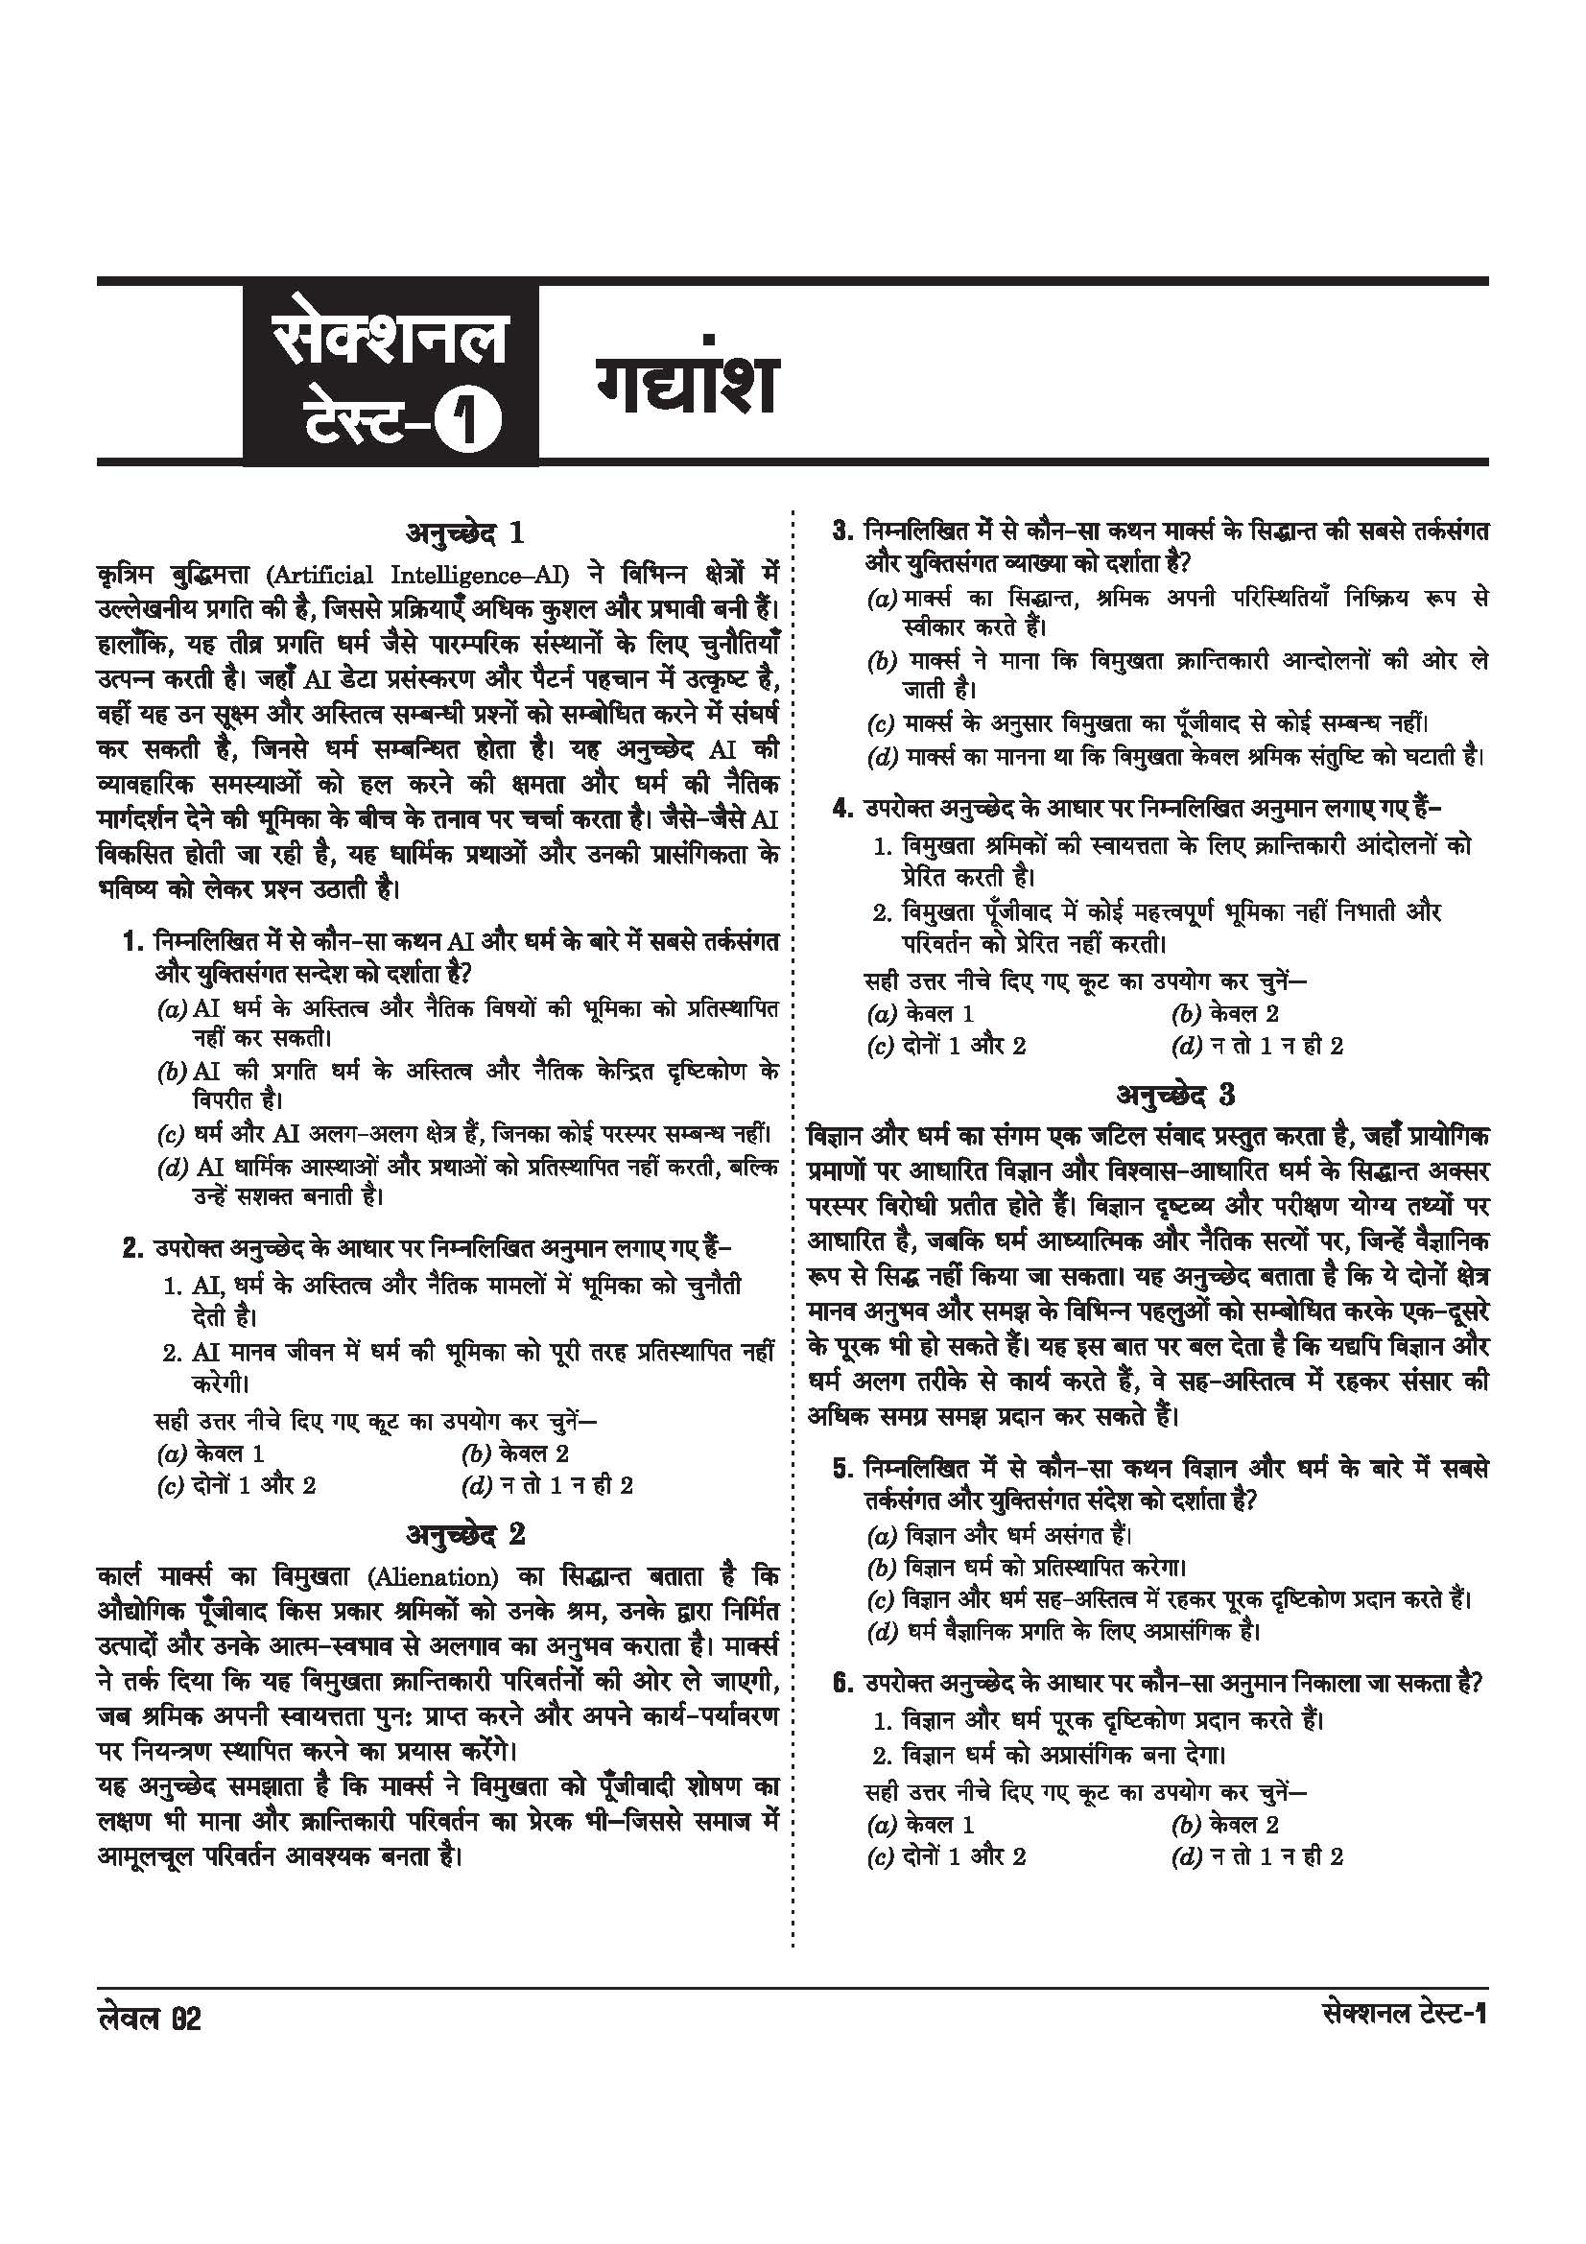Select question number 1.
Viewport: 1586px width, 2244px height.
[x=134, y=943]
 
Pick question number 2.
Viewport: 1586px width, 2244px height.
[x=134, y=1249]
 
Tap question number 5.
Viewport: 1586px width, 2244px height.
[x=843, y=1468]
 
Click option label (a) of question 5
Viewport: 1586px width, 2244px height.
[x=883, y=1533]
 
